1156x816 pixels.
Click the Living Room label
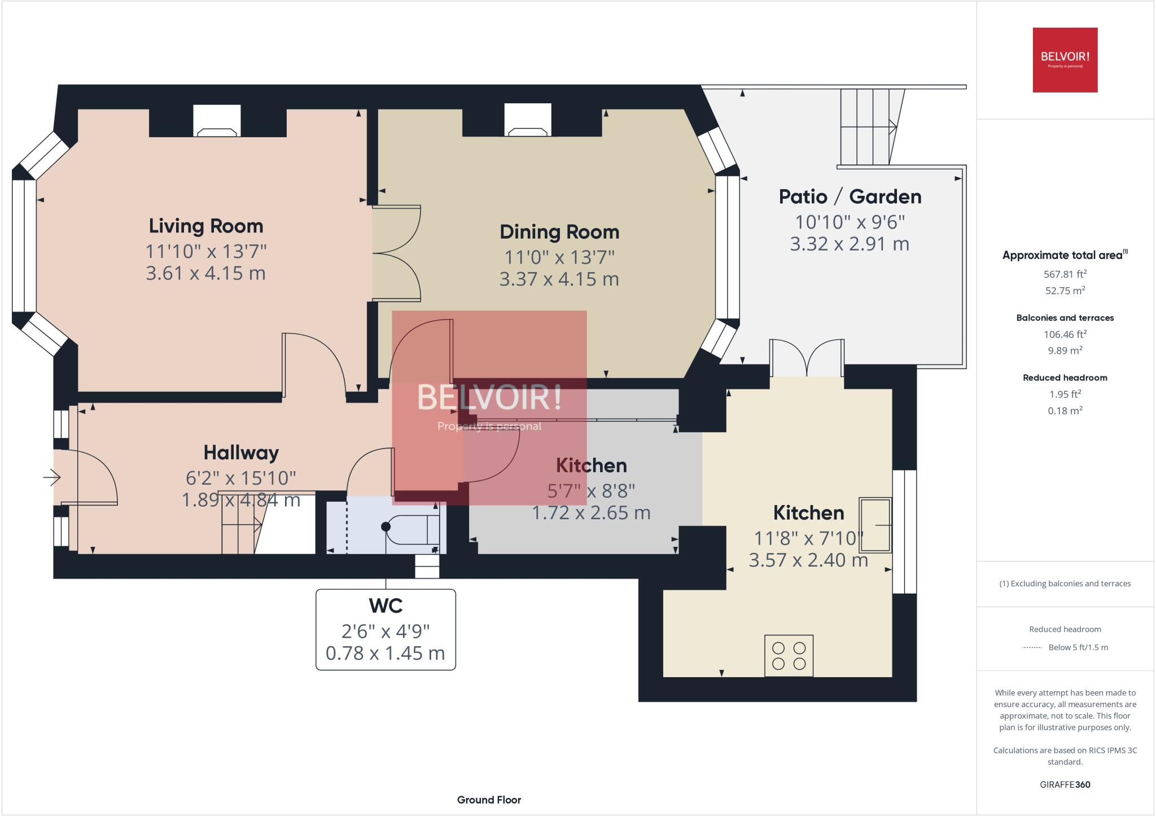(206, 226)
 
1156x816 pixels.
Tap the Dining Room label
(559, 232)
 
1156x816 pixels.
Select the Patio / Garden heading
(850, 196)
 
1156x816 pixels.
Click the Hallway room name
(241, 453)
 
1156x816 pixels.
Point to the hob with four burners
(789, 656)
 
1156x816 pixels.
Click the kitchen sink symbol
(875, 525)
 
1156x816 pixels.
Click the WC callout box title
(386, 606)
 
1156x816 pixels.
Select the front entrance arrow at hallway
(52, 477)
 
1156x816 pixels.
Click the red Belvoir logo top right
(1065, 60)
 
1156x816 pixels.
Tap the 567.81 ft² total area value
(1065, 274)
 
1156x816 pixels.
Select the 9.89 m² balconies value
(1065, 350)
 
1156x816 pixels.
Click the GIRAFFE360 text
(1065, 784)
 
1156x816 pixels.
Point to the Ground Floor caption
(489, 800)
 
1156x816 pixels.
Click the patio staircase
(868, 126)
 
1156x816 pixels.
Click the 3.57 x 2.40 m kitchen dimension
(808, 560)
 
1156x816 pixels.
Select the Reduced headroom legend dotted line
(1031, 648)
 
